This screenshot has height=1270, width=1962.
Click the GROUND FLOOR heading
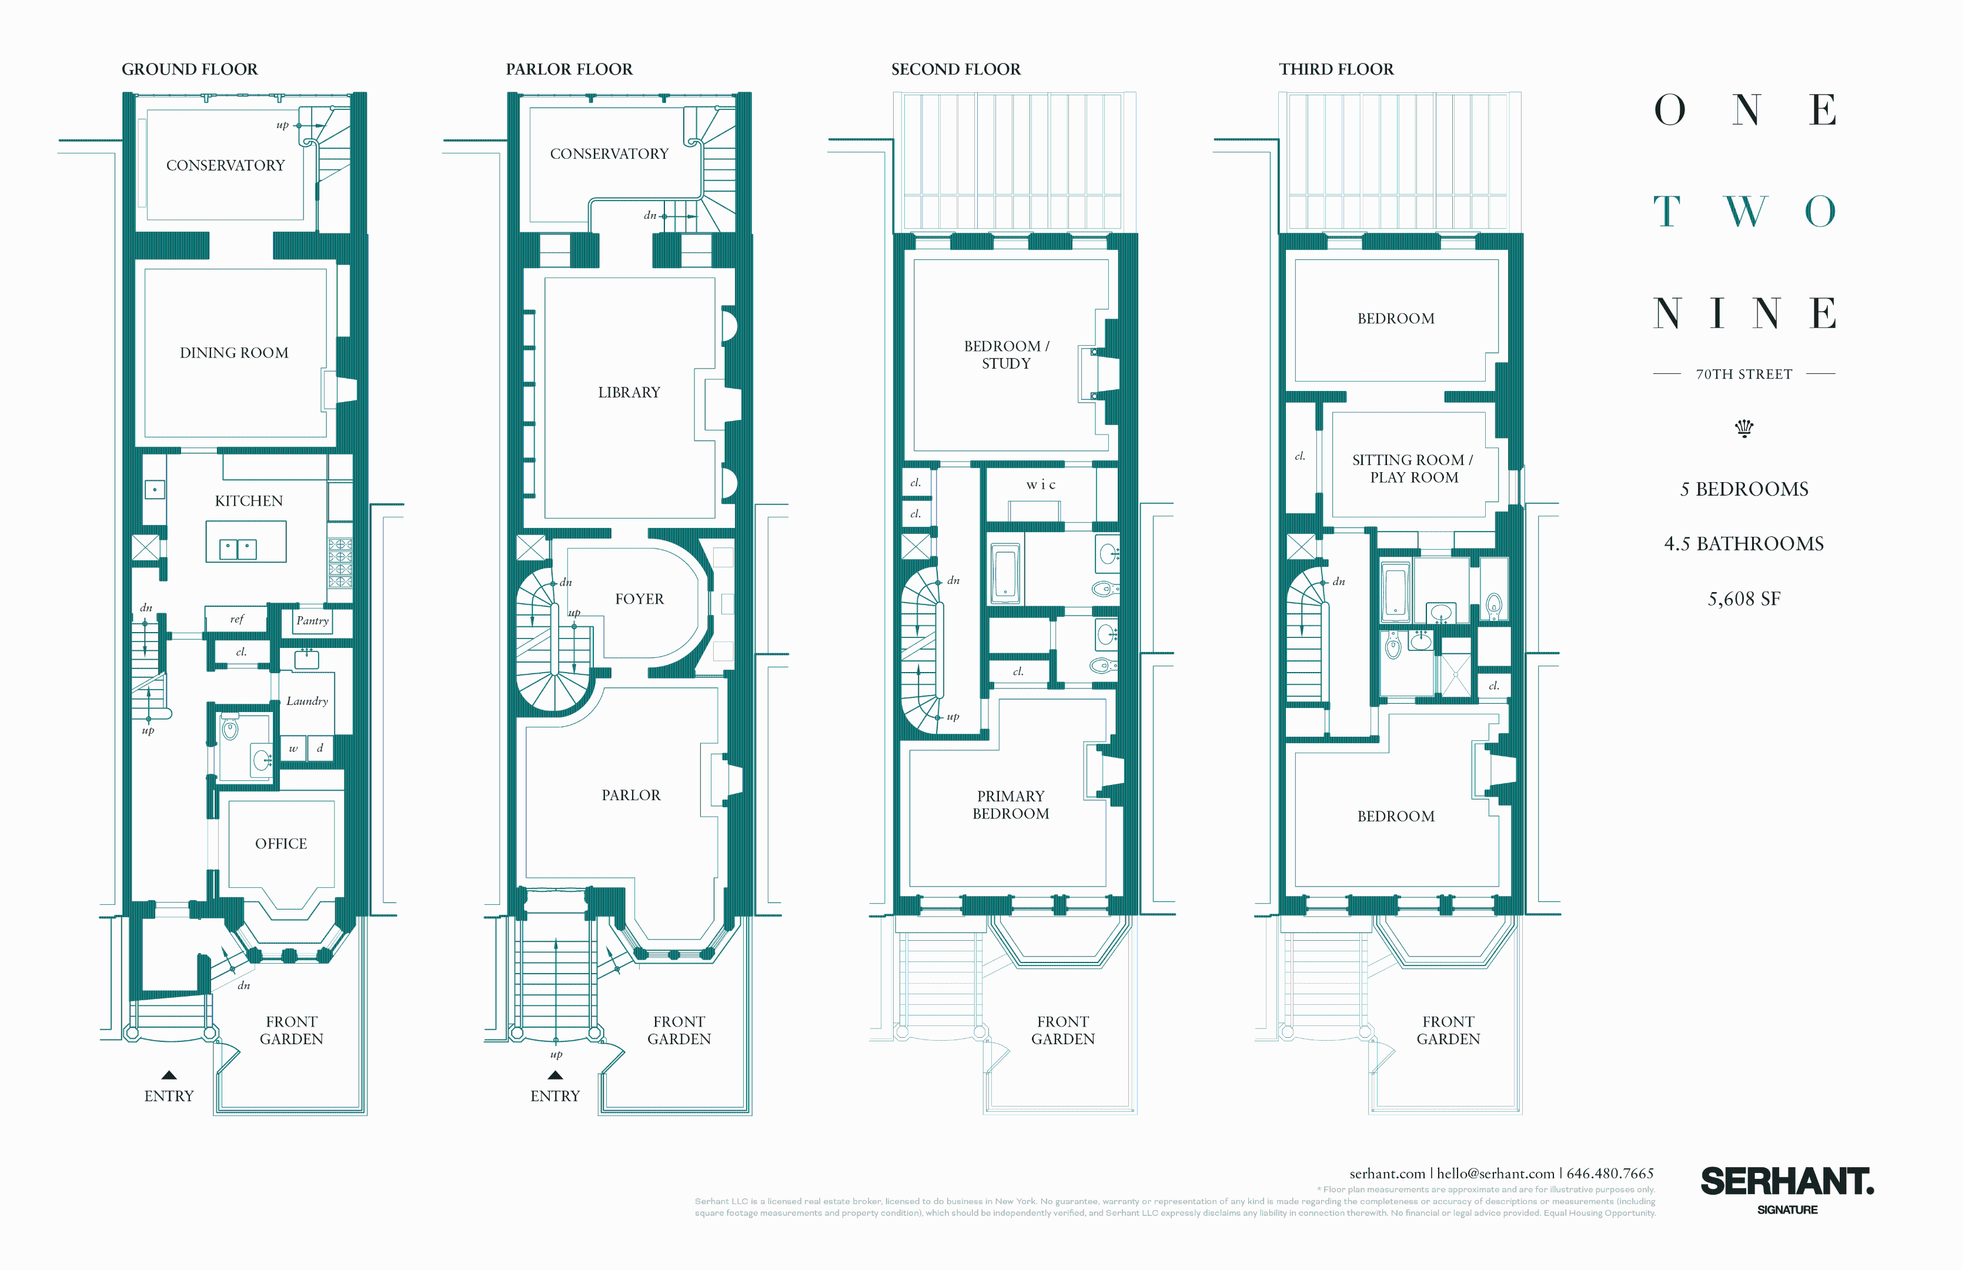189,69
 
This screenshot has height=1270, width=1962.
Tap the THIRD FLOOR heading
1336,69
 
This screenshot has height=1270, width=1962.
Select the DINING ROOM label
234,353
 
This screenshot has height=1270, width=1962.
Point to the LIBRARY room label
629,392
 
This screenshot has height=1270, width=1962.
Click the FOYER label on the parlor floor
639,599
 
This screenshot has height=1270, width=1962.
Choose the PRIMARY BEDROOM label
1011,805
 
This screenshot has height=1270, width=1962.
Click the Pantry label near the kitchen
312,620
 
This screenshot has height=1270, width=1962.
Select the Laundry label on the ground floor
307,701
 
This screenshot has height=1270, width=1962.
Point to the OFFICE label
281,844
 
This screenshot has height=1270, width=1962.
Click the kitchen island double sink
238,549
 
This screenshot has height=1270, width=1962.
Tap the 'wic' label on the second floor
1040,484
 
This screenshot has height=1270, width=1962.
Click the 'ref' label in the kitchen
236,619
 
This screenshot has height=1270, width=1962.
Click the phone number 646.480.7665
1610,1174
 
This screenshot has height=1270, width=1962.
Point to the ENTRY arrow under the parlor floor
555,1075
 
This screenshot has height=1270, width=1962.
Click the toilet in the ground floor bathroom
230,728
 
